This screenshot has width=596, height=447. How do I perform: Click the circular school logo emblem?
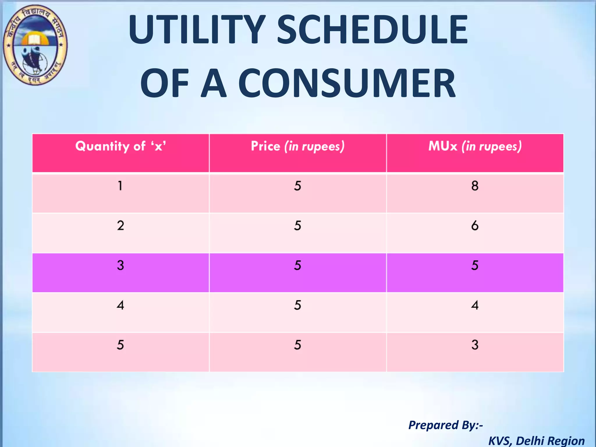[x=35, y=45]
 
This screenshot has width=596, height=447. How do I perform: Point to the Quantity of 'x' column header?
[x=120, y=146]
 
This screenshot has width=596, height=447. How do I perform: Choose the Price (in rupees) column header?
[x=298, y=146]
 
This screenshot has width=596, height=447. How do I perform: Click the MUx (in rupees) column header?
[x=475, y=146]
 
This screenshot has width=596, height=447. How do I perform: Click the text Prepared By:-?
[x=446, y=425]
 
